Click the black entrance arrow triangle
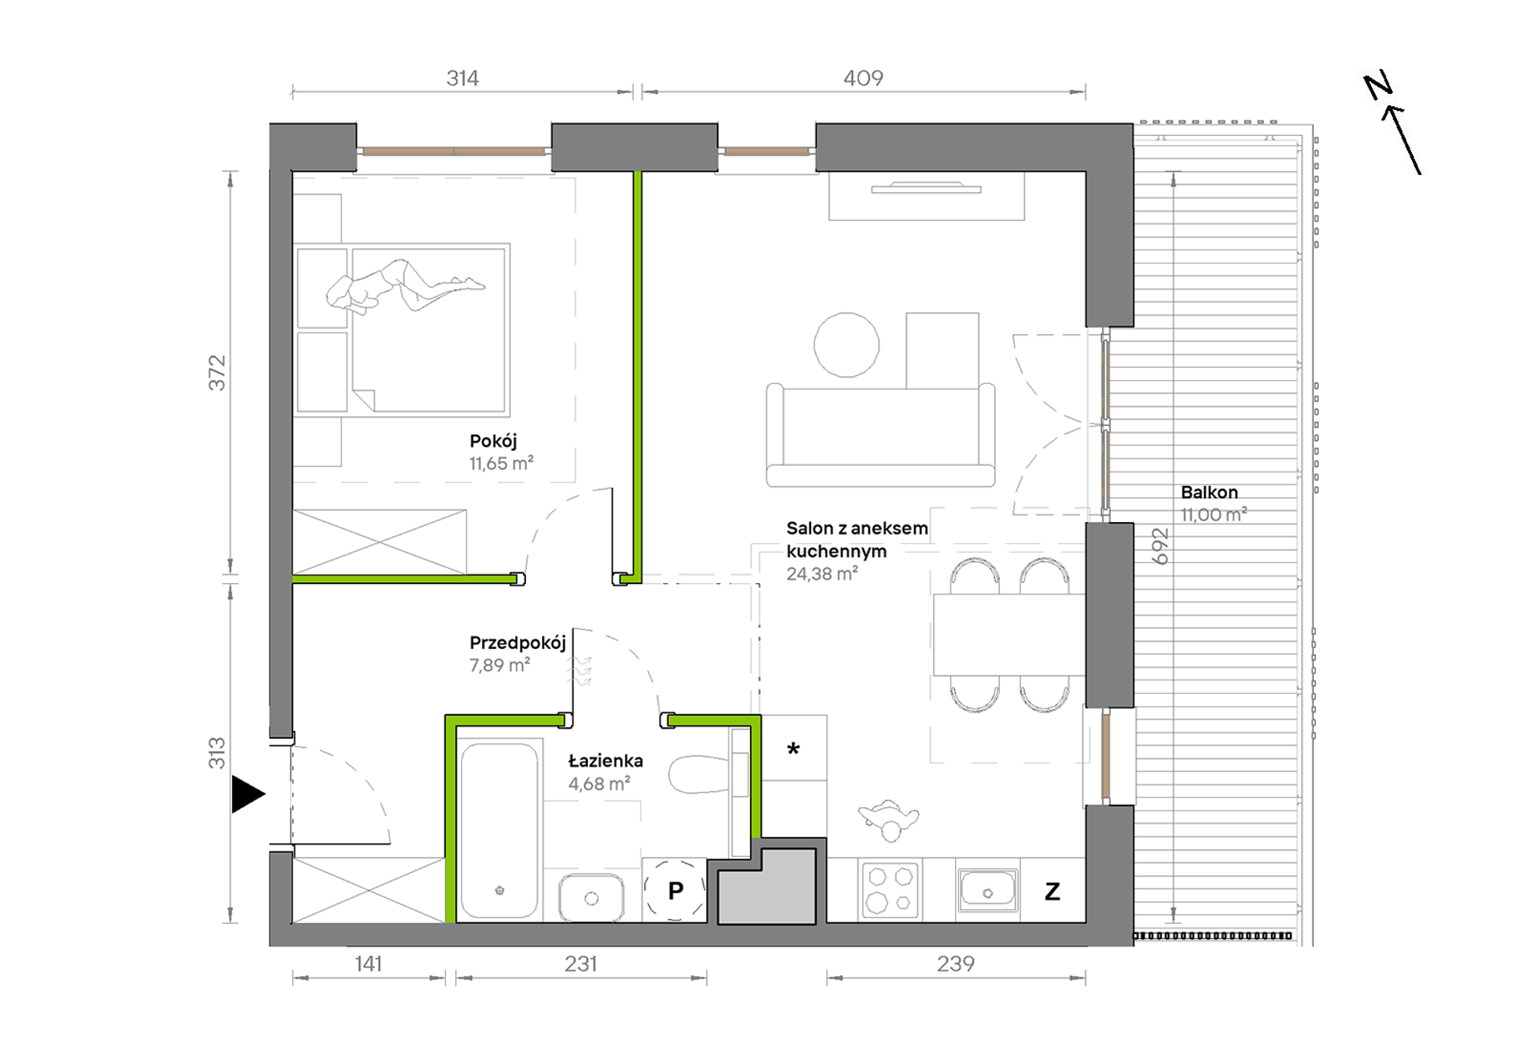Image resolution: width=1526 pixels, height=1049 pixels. pyautogui.click(x=247, y=794)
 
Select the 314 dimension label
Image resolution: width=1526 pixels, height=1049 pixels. pyautogui.click(x=463, y=78)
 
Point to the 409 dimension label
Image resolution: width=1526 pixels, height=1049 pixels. pyautogui.click(x=863, y=78)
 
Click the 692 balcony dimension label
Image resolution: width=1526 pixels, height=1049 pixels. pyautogui.click(x=1160, y=546)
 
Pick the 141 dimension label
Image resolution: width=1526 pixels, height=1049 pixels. pyautogui.click(x=369, y=963)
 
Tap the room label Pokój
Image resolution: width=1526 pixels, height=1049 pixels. pyautogui.click(x=493, y=441)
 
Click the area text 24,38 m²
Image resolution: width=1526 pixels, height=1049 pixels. pyautogui.click(x=822, y=573)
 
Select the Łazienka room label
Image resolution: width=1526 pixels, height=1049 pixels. pyautogui.click(x=606, y=760)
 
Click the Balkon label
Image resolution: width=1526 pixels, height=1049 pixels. pyautogui.click(x=1209, y=492)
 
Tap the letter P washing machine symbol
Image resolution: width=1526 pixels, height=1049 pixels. pyautogui.click(x=675, y=890)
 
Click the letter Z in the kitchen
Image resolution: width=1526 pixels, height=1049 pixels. pyautogui.click(x=1052, y=891)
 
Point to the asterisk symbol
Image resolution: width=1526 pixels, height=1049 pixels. pyautogui.click(x=794, y=749)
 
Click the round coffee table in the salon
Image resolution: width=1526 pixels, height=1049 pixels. pyautogui.click(x=847, y=345)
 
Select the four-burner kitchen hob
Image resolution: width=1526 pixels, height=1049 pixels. pyautogui.click(x=890, y=890)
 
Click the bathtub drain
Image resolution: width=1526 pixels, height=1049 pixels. pyautogui.click(x=500, y=890)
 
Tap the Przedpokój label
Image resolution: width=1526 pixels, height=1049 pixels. pyautogui.click(x=518, y=643)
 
